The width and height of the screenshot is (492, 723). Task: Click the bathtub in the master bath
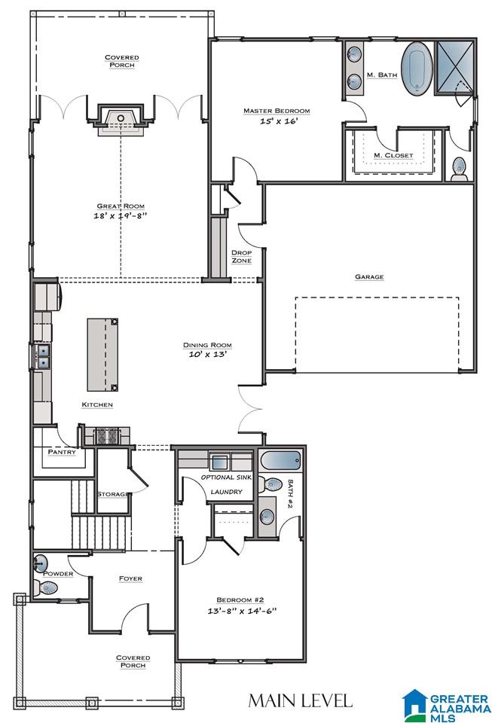tap(417, 69)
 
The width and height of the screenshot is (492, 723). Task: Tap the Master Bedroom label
tap(277, 111)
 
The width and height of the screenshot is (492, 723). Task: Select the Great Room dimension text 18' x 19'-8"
tap(121, 215)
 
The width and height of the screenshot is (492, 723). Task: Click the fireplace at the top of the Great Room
tap(121, 120)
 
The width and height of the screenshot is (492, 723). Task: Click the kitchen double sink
tap(42, 356)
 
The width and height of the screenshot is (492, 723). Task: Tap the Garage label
tap(369, 276)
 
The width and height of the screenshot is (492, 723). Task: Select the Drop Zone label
tap(241, 256)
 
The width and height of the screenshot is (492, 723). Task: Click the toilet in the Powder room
tap(46, 588)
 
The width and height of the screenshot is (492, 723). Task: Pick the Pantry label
tap(62, 452)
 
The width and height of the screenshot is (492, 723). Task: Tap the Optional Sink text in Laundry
tap(226, 477)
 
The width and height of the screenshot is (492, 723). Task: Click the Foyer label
tap(130, 578)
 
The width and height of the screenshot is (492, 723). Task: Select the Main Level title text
tap(300, 700)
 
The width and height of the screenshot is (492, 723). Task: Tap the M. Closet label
tap(393, 155)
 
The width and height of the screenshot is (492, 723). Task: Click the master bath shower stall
tap(455, 68)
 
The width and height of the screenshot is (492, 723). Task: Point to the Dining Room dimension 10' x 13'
tap(207, 355)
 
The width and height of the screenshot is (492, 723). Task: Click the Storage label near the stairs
tap(114, 494)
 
